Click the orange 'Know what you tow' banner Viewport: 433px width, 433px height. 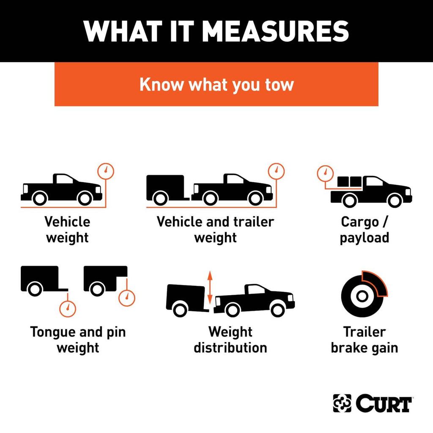[x=216, y=84]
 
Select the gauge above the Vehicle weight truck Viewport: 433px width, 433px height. [x=106, y=171]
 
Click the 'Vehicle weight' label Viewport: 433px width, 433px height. [x=67, y=230]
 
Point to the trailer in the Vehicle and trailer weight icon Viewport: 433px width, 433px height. [x=166, y=189]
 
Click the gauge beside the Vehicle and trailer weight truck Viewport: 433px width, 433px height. [x=277, y=171]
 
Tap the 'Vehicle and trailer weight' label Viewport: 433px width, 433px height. [x=215, y=230]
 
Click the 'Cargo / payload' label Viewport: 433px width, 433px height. [x=364, y=230]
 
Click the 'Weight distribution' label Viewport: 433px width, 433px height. [x=230, y=340]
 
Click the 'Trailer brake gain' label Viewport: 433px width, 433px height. [x=364, y=340]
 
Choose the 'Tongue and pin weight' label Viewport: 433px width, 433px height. [x=78, y=340]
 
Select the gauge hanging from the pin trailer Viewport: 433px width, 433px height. [x=127, y=298]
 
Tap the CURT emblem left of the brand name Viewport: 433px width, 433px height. [x=342, y=403]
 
